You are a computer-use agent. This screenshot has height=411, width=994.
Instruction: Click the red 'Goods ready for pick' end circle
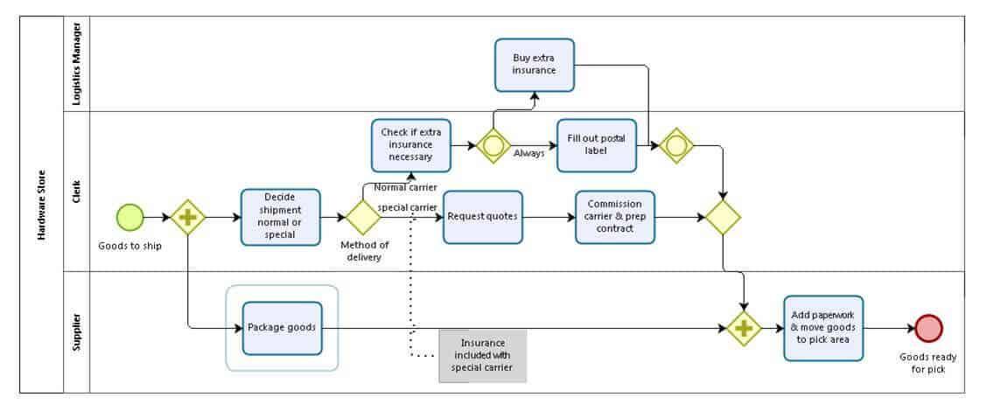928,329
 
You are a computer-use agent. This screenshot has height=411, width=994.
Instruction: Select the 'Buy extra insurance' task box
534,65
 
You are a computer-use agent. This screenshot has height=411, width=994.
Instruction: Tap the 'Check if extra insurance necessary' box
410,144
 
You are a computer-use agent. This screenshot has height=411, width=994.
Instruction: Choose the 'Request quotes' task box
482,217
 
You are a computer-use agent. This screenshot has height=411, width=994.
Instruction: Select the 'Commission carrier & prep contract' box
614,217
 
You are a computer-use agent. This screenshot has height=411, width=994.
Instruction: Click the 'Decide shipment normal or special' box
280,217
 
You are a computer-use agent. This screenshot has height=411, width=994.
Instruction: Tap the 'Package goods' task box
282,329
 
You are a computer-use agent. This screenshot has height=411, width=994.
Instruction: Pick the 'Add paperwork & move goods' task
823,329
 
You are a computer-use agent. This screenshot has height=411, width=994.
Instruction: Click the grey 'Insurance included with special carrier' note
482,356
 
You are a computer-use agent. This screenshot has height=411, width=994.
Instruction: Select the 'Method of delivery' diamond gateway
363,217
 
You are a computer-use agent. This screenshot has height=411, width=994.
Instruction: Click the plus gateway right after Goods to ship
187,217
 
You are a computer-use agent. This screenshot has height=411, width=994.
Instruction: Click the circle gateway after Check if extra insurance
493,145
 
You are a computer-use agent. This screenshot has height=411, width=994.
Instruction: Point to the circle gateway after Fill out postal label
676,145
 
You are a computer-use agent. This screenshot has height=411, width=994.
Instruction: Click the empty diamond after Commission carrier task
724,217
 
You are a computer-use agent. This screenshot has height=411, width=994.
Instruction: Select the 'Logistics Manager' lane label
76,64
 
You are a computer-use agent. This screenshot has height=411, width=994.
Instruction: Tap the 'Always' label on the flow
529,153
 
